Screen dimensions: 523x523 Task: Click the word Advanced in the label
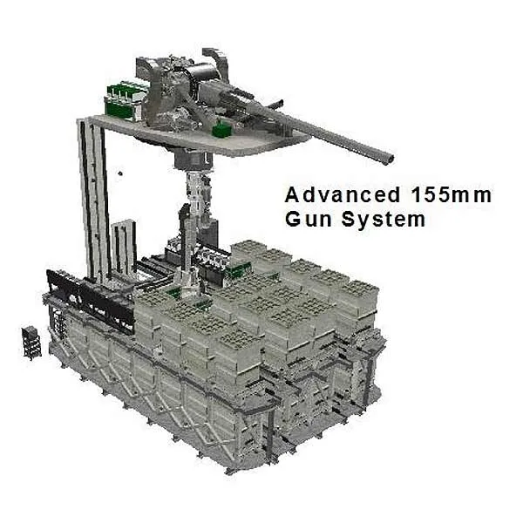point(343,194)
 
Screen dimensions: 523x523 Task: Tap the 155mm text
point(451,194)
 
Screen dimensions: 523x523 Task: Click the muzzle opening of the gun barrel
point(389,160)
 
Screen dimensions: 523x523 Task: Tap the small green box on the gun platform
point(221,129)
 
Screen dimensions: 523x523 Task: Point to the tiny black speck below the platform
point(120,173)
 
